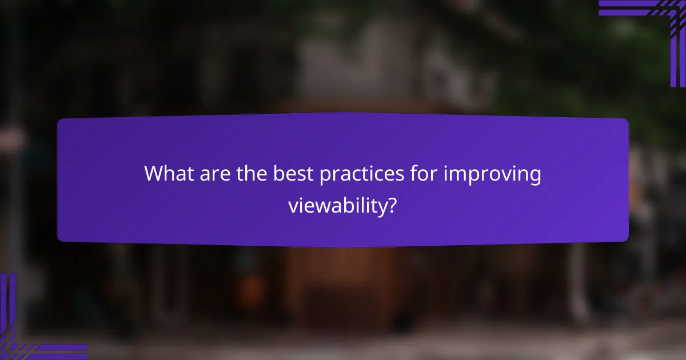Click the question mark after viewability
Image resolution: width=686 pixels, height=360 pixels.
click(x=393, y=205)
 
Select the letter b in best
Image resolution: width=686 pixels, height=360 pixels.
click(x=275, y=174)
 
